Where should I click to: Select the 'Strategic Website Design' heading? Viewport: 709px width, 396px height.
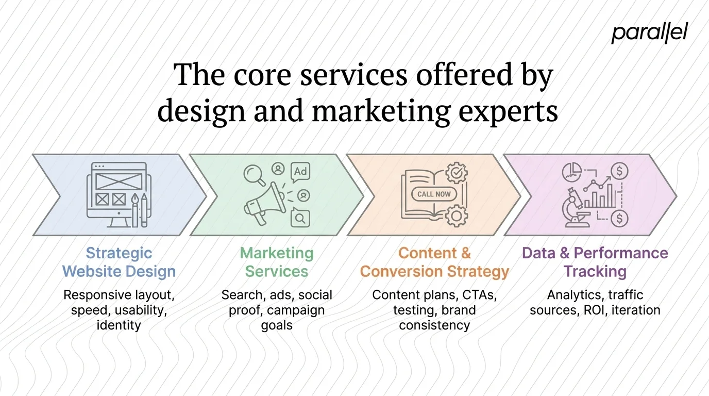click(x=119, y=262)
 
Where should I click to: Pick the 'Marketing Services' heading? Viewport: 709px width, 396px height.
click(x=277, y=262)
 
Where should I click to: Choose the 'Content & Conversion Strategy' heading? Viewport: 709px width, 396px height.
click(x=434, y=262)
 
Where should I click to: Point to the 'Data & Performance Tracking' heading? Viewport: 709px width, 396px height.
click(x=595, y=262)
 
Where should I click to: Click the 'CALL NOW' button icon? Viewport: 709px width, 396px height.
click(x=433, y=194)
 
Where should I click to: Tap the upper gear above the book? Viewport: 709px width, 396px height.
click(x=455, y=173)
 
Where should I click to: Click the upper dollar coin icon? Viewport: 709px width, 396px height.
click(x=618, y=171)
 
